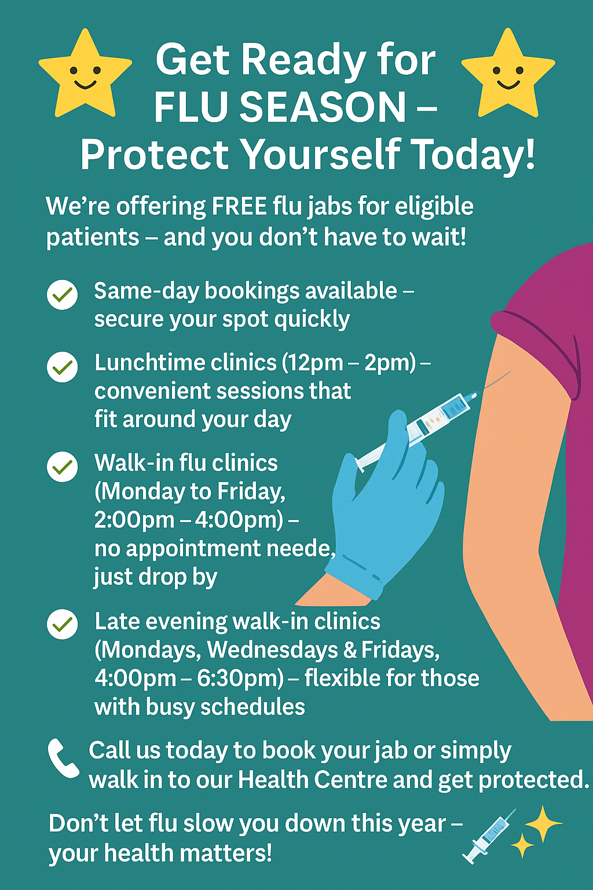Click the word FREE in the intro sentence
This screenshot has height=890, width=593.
239,206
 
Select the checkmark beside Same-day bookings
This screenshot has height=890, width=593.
63,294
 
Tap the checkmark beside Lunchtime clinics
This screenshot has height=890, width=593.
63,367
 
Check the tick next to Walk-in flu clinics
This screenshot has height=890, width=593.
63,466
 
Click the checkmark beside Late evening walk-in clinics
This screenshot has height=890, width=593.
63,624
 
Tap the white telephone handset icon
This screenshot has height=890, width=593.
63,758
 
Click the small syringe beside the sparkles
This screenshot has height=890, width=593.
489,836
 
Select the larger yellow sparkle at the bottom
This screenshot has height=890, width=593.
543,823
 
